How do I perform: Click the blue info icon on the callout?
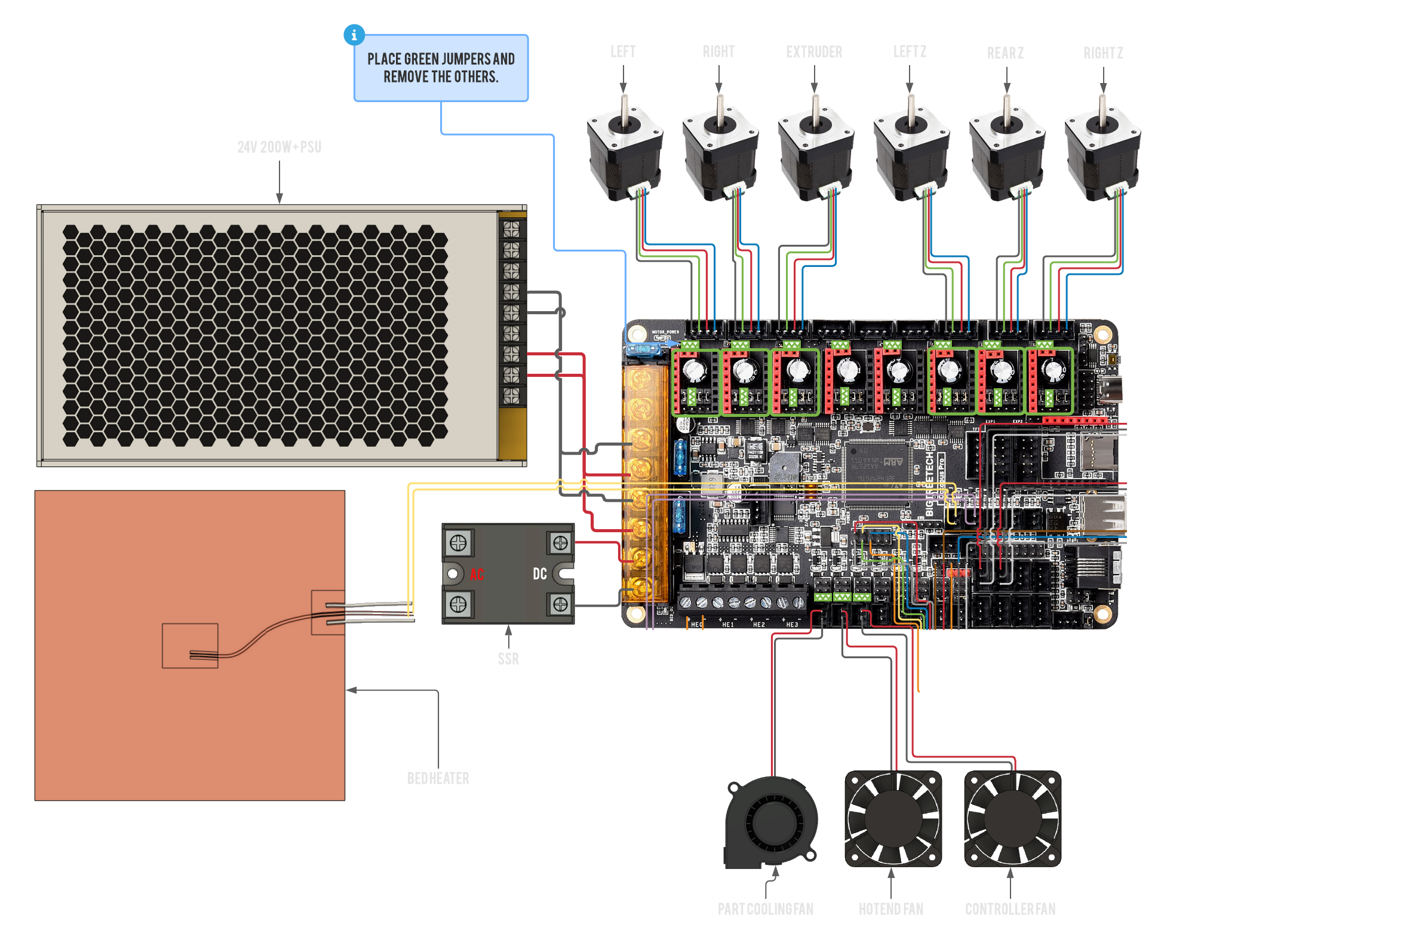(354, 35)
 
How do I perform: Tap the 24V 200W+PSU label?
(279, 147)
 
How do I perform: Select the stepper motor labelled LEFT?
(625, 151)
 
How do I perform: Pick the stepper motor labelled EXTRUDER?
(816, 151)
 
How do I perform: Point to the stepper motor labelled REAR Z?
(1007, 151)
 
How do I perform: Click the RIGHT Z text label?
(1102, 53)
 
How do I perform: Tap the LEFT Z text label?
(910, 52)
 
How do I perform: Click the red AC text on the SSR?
(477, 574)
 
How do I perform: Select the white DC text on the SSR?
(539, 574)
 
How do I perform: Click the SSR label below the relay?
(508, 659)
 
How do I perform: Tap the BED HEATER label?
(438, 778)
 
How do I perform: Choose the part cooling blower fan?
(772, 822)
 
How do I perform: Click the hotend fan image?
(893, 818)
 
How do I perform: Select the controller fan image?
(1012, 818)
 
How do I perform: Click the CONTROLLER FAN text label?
(1010, 909)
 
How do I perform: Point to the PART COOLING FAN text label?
(766, 909)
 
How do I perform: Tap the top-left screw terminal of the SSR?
(458, 543)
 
